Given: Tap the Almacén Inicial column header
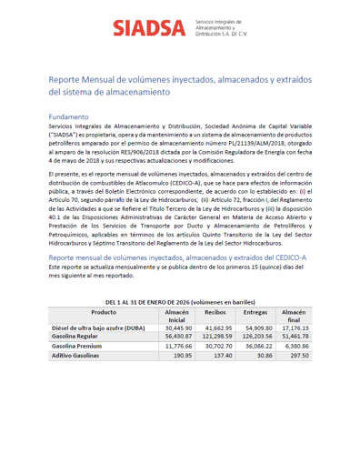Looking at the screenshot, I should pos(175,315).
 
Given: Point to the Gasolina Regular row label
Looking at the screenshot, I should pos(77,336).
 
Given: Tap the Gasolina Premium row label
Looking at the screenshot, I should pos(79,347).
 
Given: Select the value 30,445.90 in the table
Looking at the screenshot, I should pos(177,327).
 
